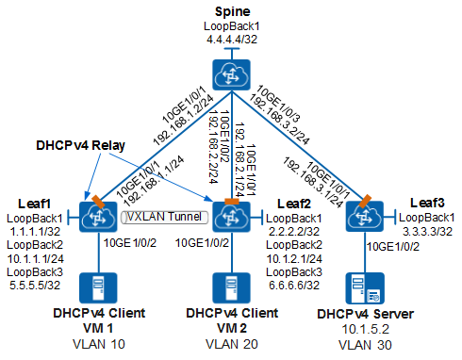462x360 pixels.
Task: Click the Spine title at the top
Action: tap(229, 10)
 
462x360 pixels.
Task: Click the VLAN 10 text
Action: tap(104, 346)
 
